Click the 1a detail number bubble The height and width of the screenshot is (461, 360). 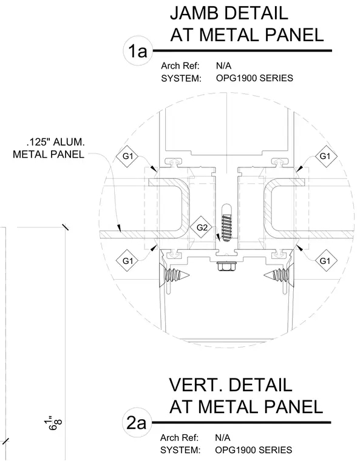point(138,51)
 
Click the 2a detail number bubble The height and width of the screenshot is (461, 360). point(137,423)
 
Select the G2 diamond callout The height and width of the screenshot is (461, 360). point(202,227)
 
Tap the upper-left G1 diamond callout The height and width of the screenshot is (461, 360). point(127,156)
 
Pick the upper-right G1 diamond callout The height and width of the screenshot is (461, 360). point(325,156)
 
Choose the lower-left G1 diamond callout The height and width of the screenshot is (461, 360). point(127,260)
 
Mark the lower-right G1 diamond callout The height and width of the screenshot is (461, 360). point(325,260)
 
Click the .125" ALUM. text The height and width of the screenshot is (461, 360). point(56,143)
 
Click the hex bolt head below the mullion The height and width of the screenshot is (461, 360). point(225,266)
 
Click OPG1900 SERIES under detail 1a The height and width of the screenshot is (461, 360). point(254,78)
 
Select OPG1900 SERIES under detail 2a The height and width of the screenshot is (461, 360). point(254,450)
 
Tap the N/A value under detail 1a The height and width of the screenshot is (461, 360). point(224,66)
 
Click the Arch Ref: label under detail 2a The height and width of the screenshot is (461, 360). point(179,438)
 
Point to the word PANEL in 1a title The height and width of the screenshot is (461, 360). point(294,35)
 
